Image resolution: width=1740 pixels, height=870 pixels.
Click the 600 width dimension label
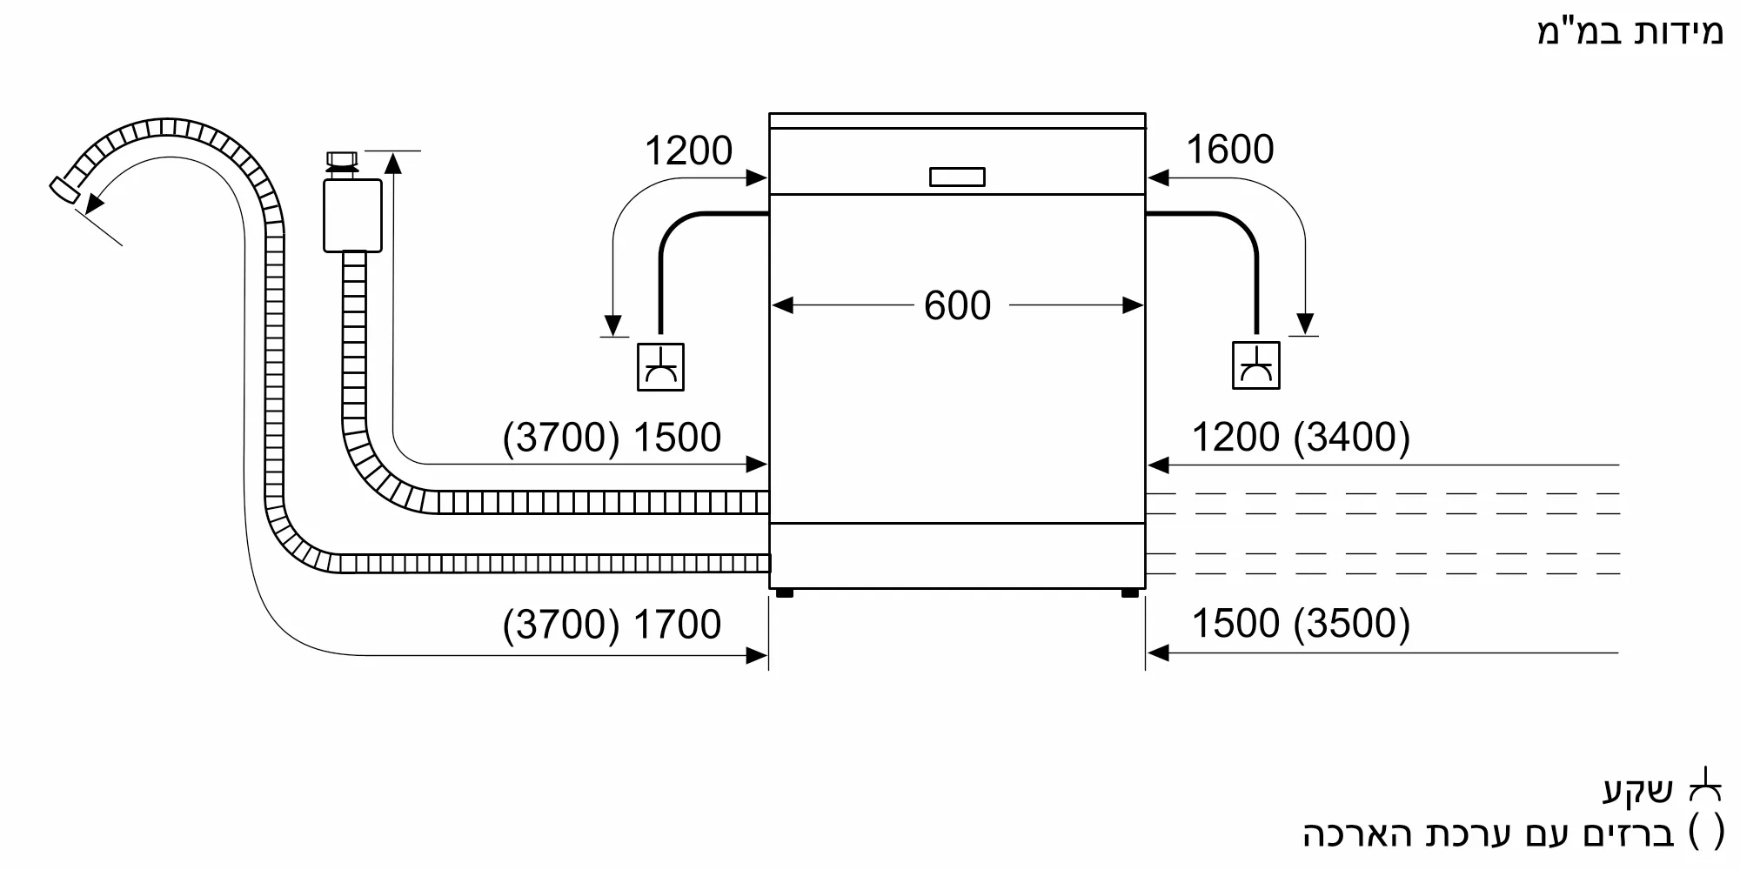[957, 306]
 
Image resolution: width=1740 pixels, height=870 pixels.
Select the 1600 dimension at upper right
[1229, 150]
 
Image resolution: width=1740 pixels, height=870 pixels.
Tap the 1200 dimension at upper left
[688, 151]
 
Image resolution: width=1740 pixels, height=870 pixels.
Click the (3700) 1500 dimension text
[612, 438]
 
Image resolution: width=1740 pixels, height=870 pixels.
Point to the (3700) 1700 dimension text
[612, 625]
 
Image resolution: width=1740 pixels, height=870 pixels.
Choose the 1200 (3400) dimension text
[1300, 437]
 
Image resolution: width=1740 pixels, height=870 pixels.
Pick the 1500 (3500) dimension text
[1300, 624]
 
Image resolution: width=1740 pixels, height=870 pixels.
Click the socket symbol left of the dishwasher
[660, 366]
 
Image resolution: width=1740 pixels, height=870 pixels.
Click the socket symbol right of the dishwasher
[1255, 365]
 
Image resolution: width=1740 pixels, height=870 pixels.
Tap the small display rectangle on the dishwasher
[957, 177]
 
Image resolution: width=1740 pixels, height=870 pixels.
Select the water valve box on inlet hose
[352, 216]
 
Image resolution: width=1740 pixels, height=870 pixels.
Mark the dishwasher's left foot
[784, 593]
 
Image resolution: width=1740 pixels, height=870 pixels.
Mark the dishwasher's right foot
[1129, 593]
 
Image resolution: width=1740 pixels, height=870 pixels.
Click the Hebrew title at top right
[1629, 32]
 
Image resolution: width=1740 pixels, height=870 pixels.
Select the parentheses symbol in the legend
[1706, 833]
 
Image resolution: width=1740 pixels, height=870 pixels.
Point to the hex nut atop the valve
[341, 159]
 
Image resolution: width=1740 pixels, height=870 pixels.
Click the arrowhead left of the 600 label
[782, 305]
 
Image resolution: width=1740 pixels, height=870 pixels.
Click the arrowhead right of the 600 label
[1133, 305]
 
